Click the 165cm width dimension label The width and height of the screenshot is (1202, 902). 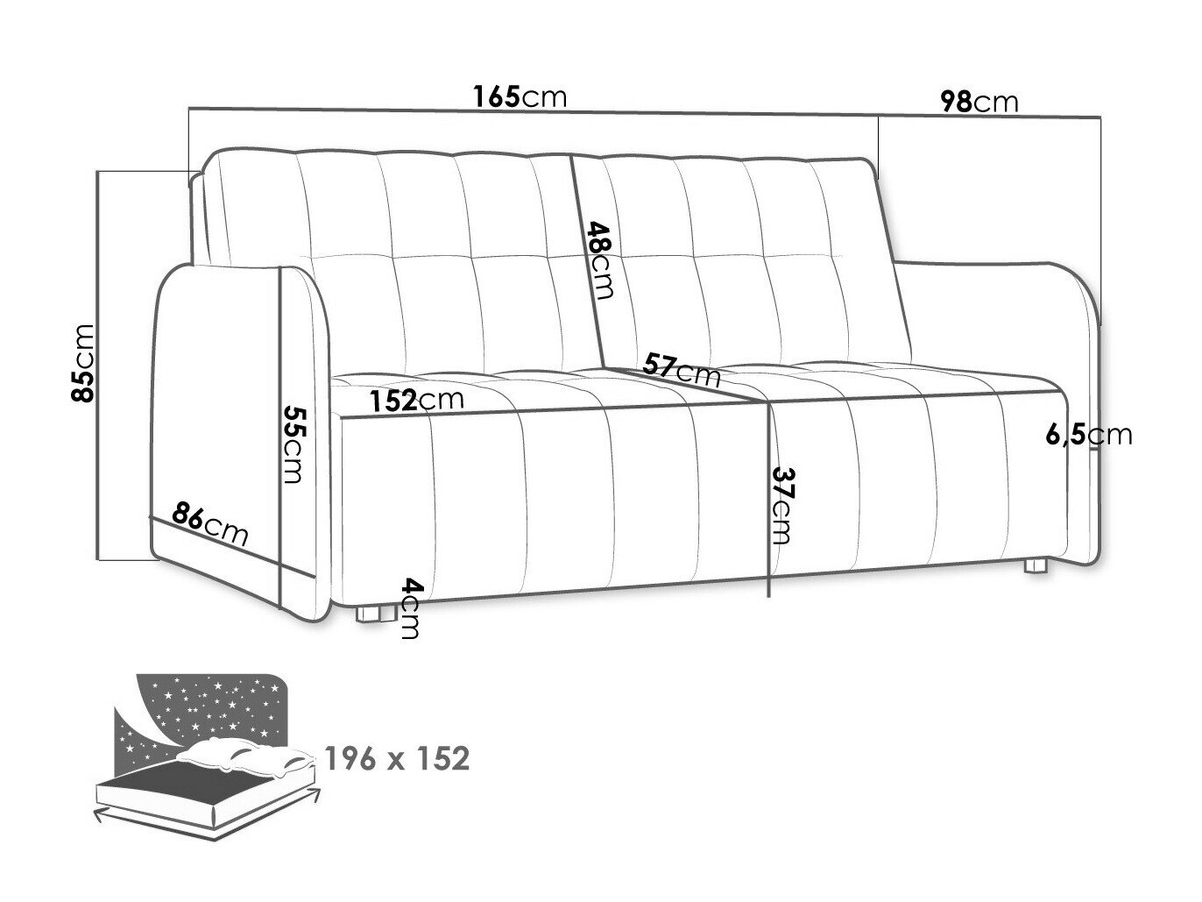tap(520, 96)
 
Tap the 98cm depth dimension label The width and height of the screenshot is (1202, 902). tap(979, 102)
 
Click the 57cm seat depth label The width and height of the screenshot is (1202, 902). tap(682, 370)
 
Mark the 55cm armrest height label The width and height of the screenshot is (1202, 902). tap(292, 444)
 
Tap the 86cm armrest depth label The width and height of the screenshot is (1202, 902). tap(210, 524)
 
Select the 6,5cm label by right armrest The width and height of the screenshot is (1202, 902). tap(1089, 434)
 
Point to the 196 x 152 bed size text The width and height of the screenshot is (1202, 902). tap(397, 758)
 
